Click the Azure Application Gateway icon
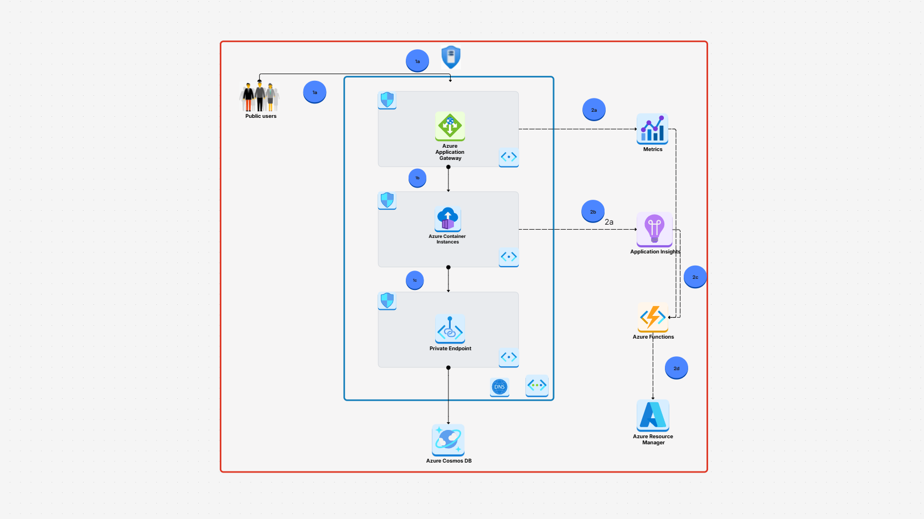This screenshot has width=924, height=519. click(x=450, y=126)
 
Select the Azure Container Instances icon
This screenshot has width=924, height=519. click(x=448, y=219)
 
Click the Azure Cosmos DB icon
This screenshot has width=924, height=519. click(x=448, y=440)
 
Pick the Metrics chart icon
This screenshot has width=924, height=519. click(x=652, y=129)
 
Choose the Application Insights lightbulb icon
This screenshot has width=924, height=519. click(x=654, y=229)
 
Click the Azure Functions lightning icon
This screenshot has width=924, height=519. click(x=653, y=317)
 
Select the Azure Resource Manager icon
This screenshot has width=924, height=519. click(x=653, y=416)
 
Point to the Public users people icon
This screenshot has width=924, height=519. click(x=260, y=97)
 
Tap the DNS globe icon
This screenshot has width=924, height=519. click(x=499, y=387)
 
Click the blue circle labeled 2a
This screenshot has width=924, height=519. click(x=593, y=110)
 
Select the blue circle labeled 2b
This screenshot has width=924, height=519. click(x=593, y=211)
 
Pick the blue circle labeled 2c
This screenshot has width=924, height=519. click(x=695, y=277)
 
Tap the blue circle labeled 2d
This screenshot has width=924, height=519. click(x=676, y=368)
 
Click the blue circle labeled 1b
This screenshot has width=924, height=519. click(x=417, y=178)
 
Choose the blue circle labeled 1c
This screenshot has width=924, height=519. click(x=415, y=280)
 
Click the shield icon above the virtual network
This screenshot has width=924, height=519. click(x=451, y=57)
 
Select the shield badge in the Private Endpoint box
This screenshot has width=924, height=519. click(x=387, y=300)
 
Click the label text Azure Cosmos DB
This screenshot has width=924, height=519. click(x=448, y=461)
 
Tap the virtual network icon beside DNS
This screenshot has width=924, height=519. click(x=536, y=385)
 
